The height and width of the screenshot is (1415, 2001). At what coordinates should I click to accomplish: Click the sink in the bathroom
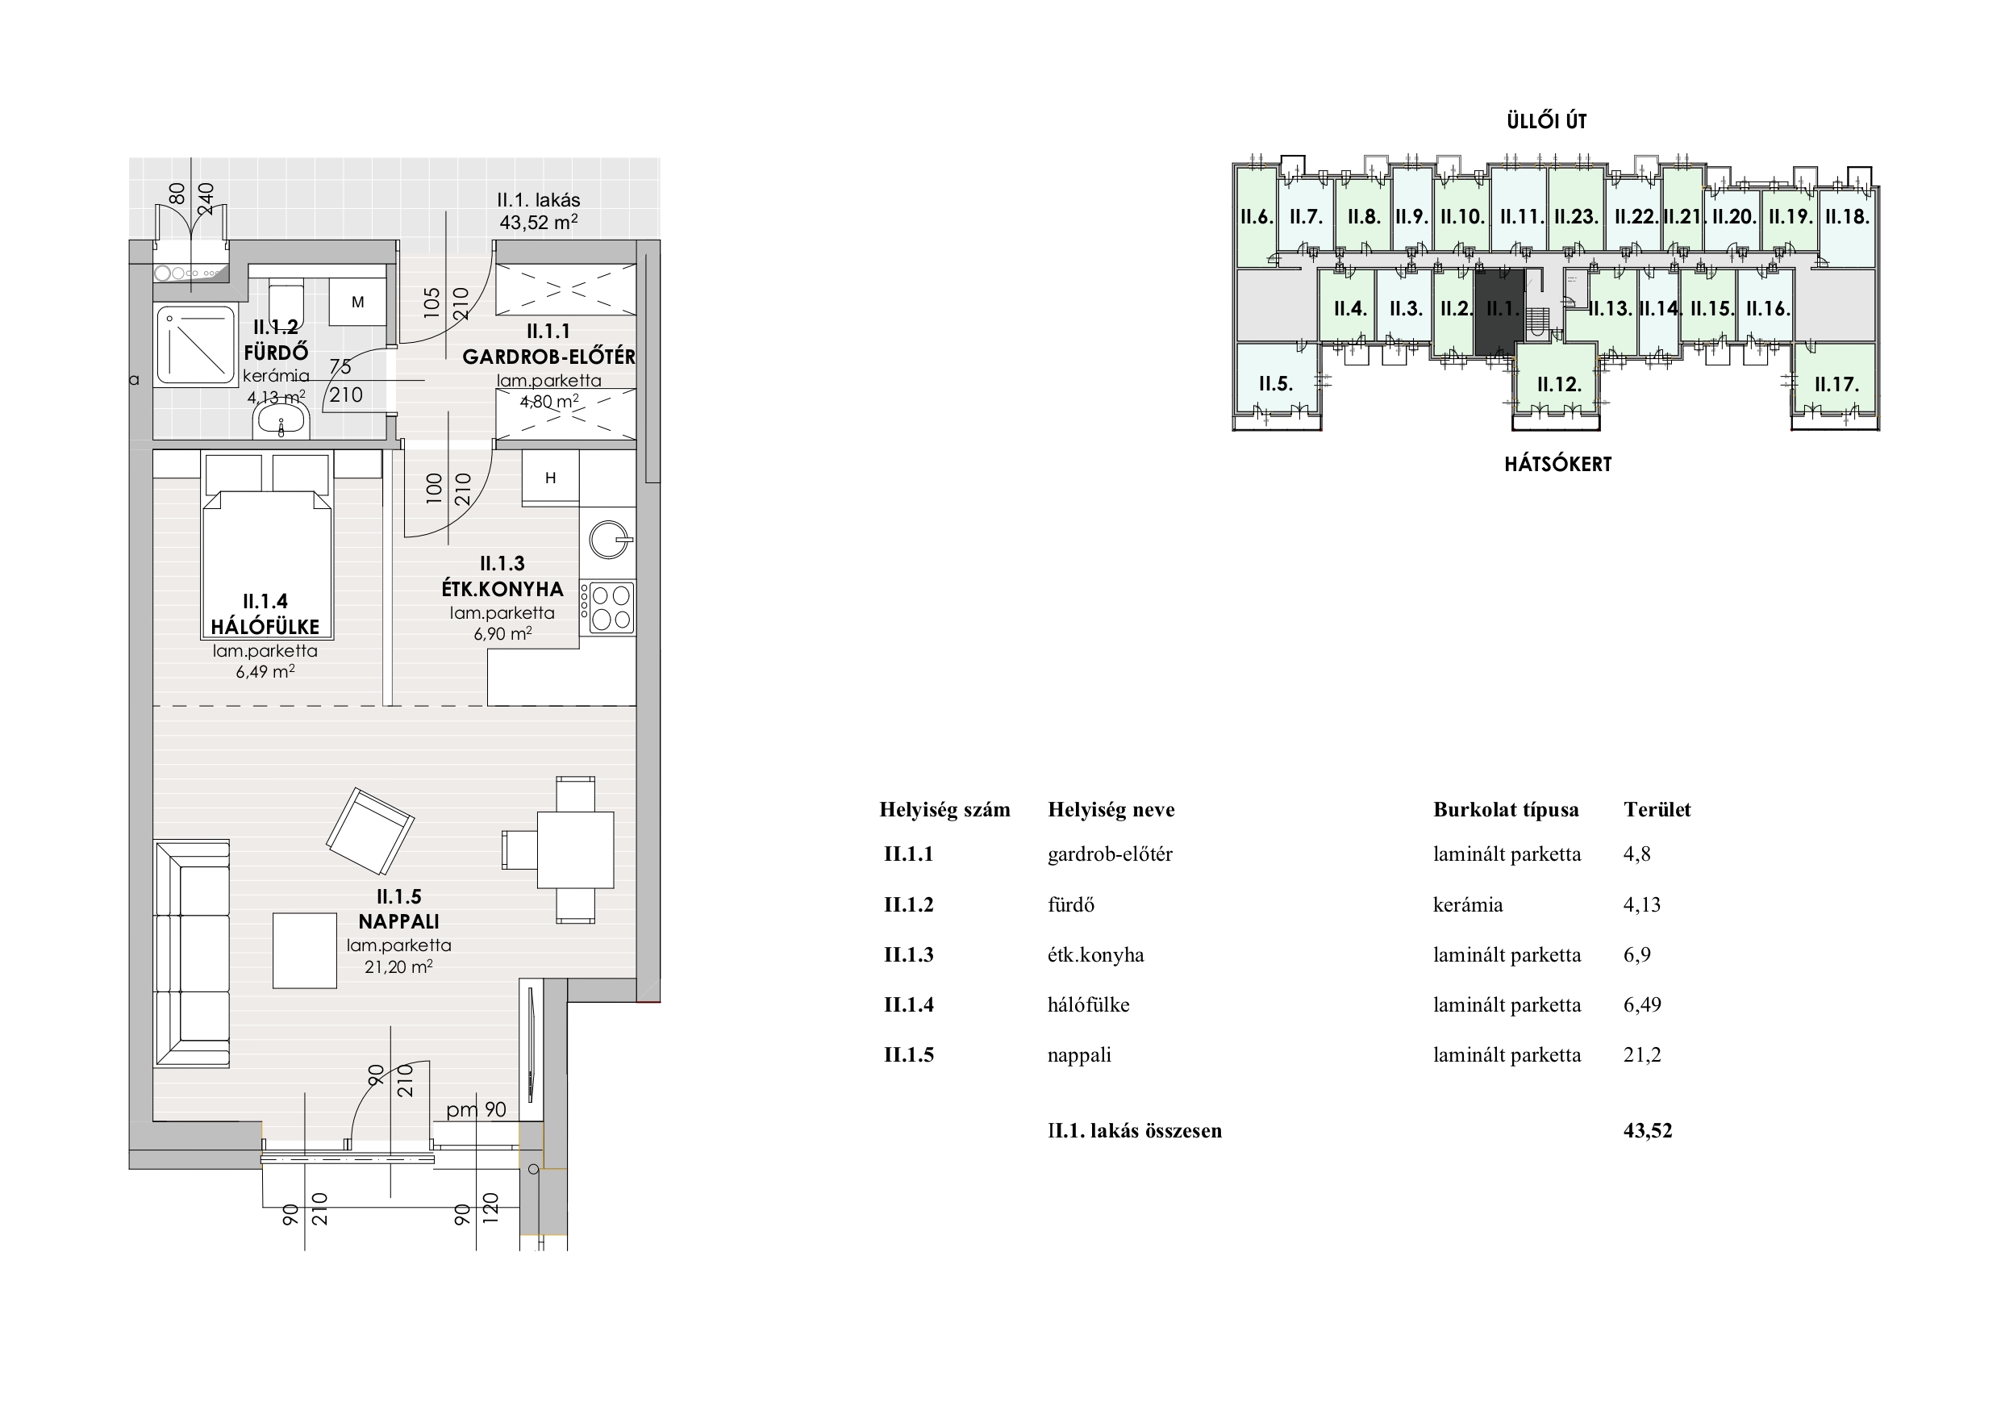[x=281, y=423]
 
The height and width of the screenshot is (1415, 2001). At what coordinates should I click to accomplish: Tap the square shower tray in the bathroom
[x=195, y=345]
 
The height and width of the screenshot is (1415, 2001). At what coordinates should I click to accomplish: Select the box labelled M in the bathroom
[x=357, y=303]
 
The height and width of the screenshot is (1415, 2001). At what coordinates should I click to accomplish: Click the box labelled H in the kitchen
[x=551, y=477]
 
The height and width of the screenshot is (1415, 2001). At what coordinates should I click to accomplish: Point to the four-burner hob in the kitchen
[x=610, y=607]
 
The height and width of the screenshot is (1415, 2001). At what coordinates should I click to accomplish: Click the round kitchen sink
[x=608, y=540]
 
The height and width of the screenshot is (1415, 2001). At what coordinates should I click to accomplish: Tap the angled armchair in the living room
[x=369, y=831]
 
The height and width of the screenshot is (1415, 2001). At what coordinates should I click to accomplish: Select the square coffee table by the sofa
[x=305, y=950]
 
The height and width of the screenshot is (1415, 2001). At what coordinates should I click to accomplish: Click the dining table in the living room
[x=575, y=849]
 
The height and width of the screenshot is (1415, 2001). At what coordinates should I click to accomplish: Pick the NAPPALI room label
[x=399, y=921]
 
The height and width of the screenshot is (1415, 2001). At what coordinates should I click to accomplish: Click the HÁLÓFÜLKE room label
[x=265, y=627]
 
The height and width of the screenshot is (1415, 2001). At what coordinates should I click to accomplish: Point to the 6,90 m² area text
[x=502, y=634]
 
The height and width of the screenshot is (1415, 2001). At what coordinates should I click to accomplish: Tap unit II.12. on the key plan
[x=1558, y=384]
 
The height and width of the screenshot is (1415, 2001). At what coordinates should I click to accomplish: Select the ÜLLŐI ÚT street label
[x=1547, y=121]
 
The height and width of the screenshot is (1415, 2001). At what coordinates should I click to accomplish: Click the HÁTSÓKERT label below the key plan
[x=1558, y=464]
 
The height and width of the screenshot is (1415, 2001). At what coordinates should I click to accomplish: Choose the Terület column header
[x=1657, y=809]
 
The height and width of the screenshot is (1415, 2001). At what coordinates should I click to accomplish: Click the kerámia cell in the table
[x=1468, y=905]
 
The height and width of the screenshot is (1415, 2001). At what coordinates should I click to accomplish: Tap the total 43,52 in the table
[x=1648, y=1131]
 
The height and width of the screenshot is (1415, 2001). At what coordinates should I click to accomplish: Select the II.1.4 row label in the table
[x=909, y=1004]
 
